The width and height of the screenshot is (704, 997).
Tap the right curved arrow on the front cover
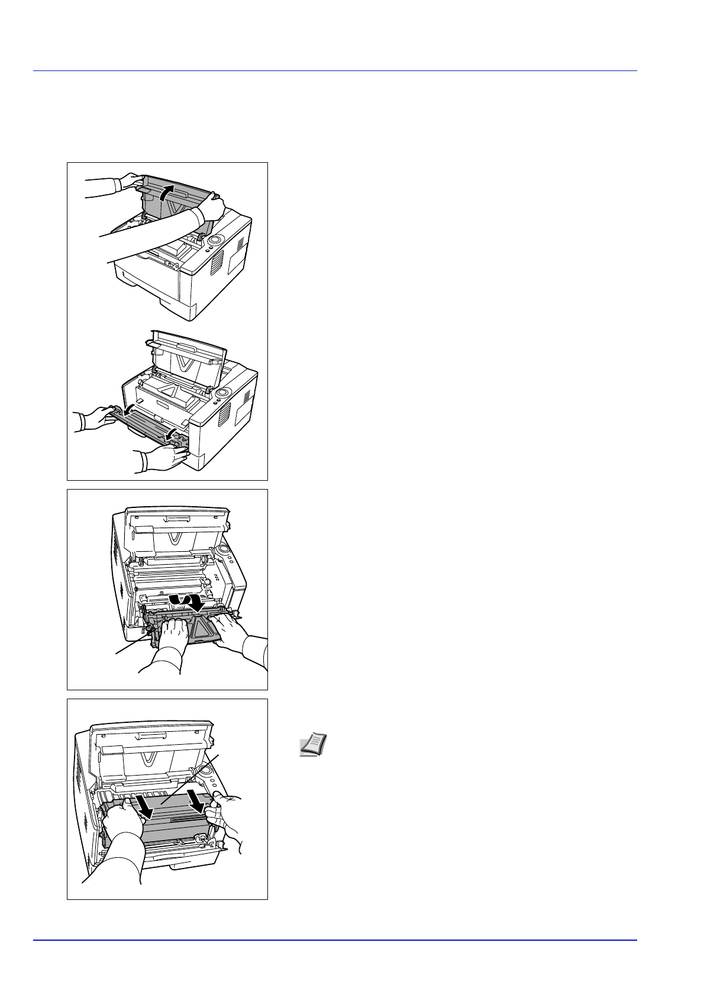(x=172, y=436)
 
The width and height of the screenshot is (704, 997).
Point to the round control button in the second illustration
(x=224, y=393)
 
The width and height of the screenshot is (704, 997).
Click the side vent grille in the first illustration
(x=217, y=261)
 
